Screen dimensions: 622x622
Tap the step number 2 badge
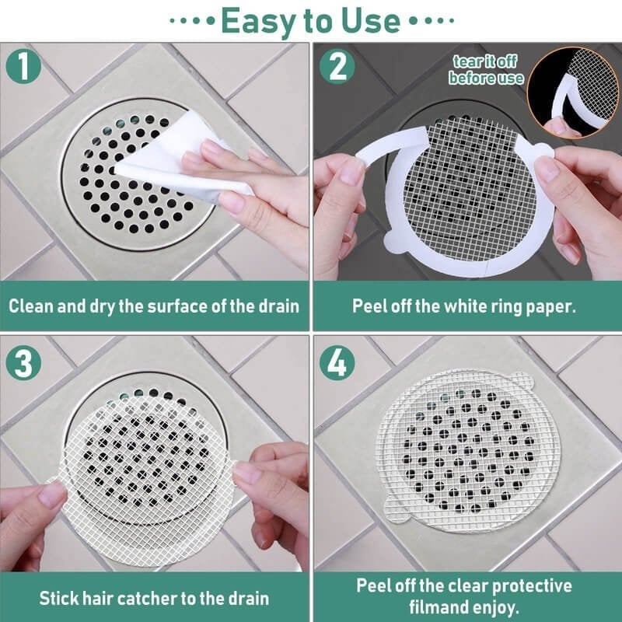click(337, 66)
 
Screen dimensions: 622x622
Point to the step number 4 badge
click(337, 363)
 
